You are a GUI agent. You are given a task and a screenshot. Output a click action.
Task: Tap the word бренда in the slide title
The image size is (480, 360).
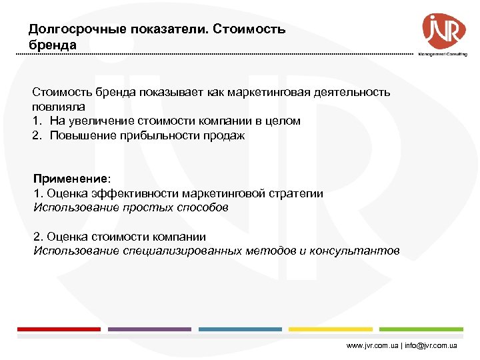coord(53,45)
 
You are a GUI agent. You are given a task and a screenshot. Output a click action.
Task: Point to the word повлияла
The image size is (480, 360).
coord(59,107)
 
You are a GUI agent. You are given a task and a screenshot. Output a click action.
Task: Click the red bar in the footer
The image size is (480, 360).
coord(59,329)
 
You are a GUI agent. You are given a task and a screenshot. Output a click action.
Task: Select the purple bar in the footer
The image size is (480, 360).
coord(149,329)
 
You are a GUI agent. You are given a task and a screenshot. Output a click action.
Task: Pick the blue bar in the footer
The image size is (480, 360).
coord(240,329)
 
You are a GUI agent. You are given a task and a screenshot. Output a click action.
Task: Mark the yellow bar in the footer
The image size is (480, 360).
coord(331,329)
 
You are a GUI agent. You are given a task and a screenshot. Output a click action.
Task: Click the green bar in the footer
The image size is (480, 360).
coord(421,329)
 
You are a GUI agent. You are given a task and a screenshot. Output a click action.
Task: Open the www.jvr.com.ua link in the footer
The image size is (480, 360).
coord(373,347)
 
